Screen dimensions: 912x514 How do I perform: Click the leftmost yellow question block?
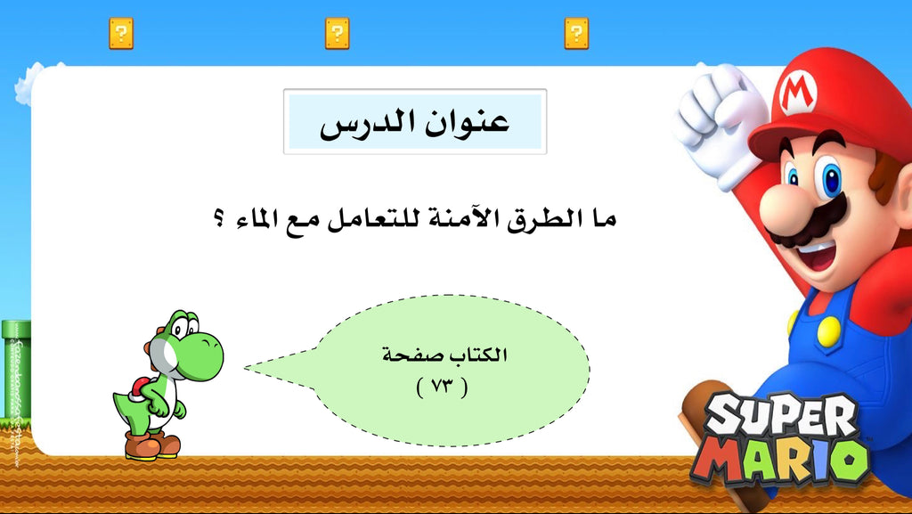click(121, 33)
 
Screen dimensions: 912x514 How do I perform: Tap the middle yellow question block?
click(337, 33)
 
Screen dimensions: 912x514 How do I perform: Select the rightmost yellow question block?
click(576, 33)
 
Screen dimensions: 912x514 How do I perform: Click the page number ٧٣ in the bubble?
click(442, 386)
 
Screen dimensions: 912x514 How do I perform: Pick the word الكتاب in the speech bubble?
click(478, 354)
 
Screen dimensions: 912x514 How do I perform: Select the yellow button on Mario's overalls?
click(829, 331)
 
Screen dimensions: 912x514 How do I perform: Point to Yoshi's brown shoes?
click(152, 445)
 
